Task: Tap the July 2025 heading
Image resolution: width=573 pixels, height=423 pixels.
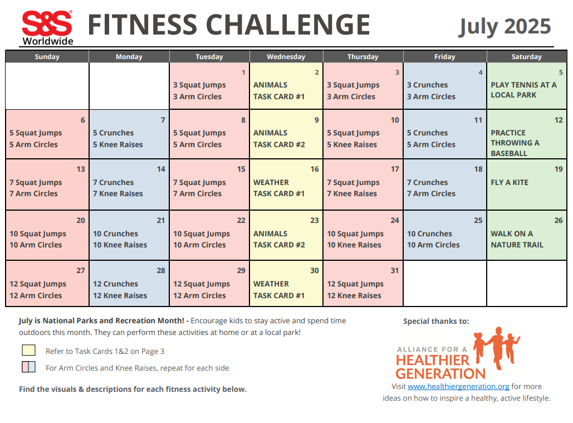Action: (x=505, y=26)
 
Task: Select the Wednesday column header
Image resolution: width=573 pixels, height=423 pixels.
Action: (x=286, y=57)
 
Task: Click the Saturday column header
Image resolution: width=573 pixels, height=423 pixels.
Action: (x=526, y=57)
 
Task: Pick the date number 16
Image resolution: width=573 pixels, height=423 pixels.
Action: (x=315, y=169)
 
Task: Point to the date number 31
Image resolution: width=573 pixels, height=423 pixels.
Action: (x=395, y=271)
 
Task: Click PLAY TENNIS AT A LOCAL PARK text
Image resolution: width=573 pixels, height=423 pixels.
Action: (x=523, y=90)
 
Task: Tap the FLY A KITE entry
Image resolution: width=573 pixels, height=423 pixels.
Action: (x=510, y=182)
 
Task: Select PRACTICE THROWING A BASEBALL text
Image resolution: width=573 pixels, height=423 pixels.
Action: (x=515, y=143)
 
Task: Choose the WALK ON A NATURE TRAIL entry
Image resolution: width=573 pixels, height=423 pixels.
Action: (x=517, y=239)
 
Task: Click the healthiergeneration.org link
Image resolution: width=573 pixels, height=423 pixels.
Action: (x=458, y=386)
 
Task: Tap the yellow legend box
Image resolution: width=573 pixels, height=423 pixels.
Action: (x=28, y=351)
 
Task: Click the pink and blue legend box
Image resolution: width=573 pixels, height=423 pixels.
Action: (x=28, y=367)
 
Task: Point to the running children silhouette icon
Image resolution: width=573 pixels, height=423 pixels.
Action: (x=496, y=346)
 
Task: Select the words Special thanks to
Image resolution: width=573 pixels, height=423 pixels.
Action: (x=436, y=321)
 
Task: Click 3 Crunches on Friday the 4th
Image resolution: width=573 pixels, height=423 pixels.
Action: (x=427, y=85)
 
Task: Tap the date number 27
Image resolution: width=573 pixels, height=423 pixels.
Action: (x=81, y=271)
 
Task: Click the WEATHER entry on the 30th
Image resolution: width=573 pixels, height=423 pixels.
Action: (x=271, y=284)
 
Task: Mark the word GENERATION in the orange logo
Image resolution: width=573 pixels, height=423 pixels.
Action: (x=440, y=373)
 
